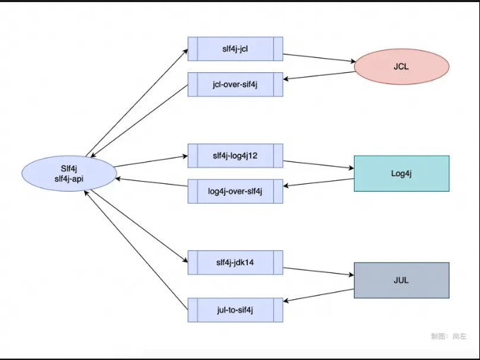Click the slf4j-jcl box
[235, 49]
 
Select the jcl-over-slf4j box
[235, 85]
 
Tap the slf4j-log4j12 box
[235, 156]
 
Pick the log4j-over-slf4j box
[235, 191]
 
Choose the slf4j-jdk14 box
[235, 262]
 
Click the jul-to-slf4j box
[235, 310]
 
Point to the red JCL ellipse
[401, 67]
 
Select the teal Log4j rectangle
[401, 173]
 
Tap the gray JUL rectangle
[401, 280]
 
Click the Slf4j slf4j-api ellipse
[69, 174]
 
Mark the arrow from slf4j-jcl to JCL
[319, 57]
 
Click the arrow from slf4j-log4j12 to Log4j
[319, 164]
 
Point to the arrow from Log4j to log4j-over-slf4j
[319, 184]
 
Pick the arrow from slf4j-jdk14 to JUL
[319, 270]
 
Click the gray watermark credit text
[449, 337]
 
